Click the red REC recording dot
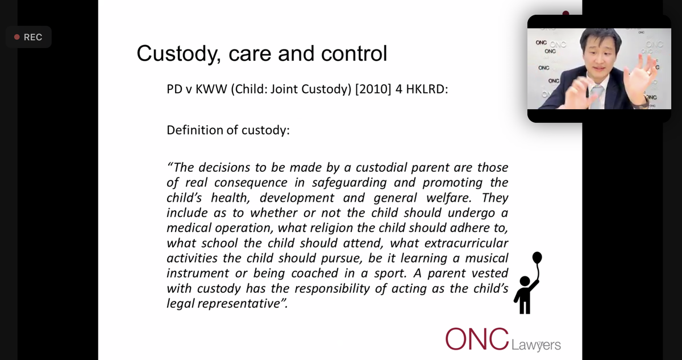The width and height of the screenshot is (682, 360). click(x=17, y=37)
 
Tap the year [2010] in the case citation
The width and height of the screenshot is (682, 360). click(x=373, y=89)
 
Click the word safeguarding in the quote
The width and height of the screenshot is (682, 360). click(x=349, y=183)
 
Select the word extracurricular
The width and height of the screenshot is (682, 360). click(x=466, y=243)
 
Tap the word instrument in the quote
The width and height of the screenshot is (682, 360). click(x=197, y=273)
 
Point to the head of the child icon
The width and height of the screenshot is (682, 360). click(x=525, y=282)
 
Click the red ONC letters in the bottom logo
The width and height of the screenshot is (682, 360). click(x=477, y=339)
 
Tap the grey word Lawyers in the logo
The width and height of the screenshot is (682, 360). click(x=536, y=345)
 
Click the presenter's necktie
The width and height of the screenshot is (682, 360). click(x=596, y=97)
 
